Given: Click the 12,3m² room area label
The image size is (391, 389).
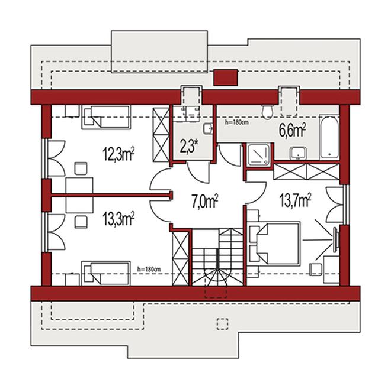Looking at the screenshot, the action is tap(118, 154).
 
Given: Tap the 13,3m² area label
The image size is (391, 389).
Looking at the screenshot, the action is tap(118, 218).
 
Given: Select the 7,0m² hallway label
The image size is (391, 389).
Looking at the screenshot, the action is tap(205, 201).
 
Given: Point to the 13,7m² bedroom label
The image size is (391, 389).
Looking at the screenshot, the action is tap(296, 200).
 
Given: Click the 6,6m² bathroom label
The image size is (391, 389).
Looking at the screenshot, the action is tap(293, 131).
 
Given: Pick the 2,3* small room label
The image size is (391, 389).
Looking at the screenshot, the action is tap(189, 145).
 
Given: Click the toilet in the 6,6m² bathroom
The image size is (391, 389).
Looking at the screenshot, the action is tap(267, 112).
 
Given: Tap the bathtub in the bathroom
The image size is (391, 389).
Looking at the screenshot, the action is tap(329, 137).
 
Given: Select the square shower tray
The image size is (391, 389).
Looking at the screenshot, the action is tap(258, 154).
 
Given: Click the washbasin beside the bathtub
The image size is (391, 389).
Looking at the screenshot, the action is tap(298, 153).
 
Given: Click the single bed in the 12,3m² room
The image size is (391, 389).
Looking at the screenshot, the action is tap(106, 117).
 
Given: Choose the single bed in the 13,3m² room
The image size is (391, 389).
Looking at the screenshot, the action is tap(106, 273).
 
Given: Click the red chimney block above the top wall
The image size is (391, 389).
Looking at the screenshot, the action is tap(226, 77).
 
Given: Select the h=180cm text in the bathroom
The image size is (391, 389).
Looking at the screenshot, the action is tap(236, 122).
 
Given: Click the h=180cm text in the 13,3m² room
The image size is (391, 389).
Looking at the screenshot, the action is tap(149, 269).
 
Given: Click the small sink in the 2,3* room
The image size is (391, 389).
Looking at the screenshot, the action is tap(208, 128).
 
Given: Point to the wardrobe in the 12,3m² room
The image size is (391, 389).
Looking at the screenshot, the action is tap(161, 135).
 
